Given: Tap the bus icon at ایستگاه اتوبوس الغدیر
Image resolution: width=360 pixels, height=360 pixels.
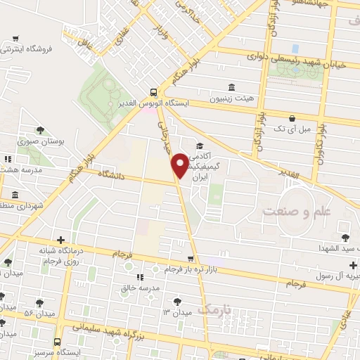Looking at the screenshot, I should (153, 92).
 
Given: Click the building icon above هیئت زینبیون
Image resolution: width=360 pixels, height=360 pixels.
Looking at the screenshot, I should (231, 86).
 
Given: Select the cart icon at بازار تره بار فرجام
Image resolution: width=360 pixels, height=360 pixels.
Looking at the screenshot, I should (191, 259).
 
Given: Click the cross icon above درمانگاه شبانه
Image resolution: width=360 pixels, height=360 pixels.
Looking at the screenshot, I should (60, 240).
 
